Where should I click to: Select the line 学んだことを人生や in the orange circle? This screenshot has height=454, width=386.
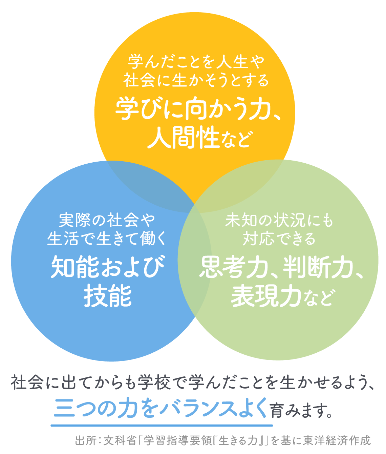(x=196, y=62)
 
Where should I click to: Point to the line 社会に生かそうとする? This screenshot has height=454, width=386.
(x=196, y=80)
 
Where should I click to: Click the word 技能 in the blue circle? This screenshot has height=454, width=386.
(x=108, y=295)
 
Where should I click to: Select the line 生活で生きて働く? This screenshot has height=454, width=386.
(x=107, y=239)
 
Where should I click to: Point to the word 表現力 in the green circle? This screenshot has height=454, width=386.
(x=266, y=295)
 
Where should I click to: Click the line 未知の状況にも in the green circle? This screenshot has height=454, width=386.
(x=279, y=220)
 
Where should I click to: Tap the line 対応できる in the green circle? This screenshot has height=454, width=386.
(x=279, y=239)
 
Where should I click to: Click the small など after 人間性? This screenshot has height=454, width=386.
(x=236, y=140)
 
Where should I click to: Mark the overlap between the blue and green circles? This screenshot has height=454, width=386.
(x=195, y=260)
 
